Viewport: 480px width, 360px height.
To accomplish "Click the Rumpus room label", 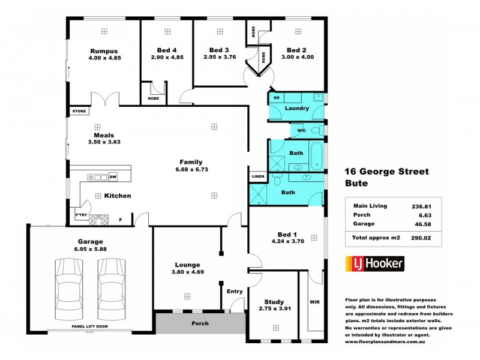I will (104, 50).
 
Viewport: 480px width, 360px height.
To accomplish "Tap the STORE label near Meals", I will (79, 112).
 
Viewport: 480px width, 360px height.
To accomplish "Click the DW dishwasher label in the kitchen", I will (112, 177).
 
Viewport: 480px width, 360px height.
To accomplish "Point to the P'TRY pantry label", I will (80, 214).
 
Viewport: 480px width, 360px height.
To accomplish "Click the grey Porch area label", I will (200, 323).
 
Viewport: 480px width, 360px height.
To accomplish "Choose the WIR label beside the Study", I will (314, 302).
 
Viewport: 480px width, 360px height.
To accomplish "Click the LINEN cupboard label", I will (258, 176).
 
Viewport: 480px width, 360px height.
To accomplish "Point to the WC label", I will (302, 130).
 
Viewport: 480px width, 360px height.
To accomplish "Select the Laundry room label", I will (297, 109).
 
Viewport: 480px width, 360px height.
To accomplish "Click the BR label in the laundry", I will (277, 97).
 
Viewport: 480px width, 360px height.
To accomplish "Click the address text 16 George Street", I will (387, 172).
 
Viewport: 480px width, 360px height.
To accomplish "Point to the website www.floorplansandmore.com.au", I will (385, 341).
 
